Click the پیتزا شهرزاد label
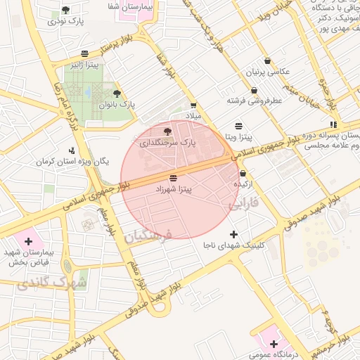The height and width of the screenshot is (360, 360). coord(173,190)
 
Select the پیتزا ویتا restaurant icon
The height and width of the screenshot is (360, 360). coord(240,125)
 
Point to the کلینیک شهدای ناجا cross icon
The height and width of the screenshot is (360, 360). coord(234,234)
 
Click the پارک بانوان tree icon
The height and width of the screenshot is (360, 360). coord(117,94)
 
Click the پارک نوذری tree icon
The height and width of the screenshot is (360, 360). coord(65,11)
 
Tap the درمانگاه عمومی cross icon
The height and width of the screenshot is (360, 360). coord(274,345)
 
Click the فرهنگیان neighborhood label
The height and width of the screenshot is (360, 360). coord(148,238)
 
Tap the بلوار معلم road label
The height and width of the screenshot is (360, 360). coord(106,221)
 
